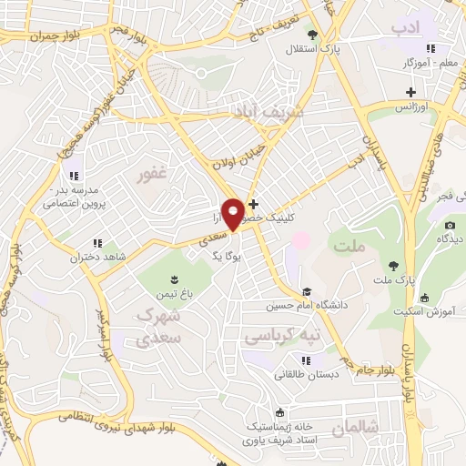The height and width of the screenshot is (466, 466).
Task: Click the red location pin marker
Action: [x=234, y=214]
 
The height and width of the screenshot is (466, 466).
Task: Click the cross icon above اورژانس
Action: [x=411, y=92]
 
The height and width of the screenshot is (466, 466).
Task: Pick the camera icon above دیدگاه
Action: [x=450, y=225]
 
